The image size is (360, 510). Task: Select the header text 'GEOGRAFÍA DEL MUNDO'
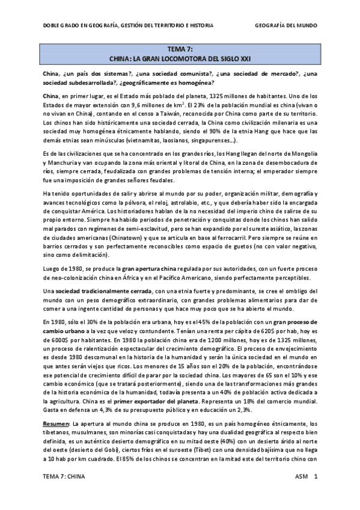click(286, 26)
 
